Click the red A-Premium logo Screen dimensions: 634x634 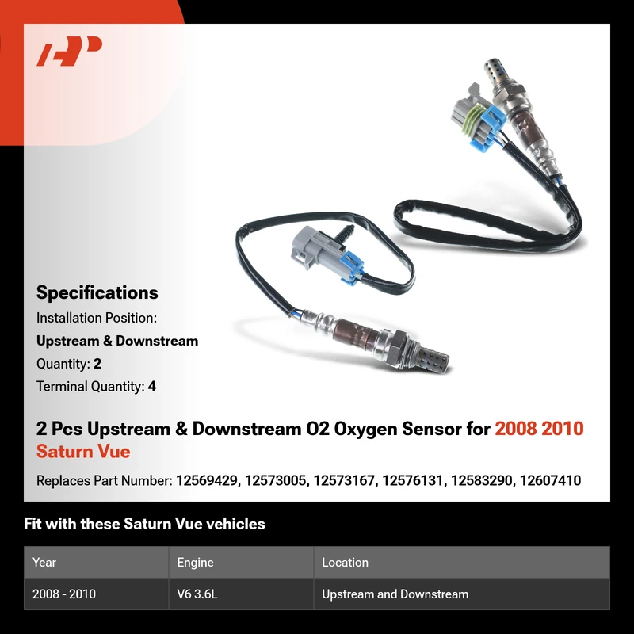[x=69, y=51]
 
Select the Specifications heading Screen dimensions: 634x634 [x=97, y=292]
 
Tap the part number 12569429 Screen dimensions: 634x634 [x=207, y=480]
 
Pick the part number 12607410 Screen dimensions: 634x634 [x=550, y=480]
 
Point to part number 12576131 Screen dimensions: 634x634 [x=413, y=480]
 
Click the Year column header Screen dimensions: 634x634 [x=44, y=562]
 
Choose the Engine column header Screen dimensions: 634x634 [x=195, y=563]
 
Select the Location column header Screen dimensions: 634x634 [x=345, y=562]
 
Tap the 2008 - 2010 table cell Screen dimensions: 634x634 [x=64, y=594]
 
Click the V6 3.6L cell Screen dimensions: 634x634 [x=197, y=594]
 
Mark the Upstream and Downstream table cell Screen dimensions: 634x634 [x=395, y=594]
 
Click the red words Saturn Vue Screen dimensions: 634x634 [x=83, y=451]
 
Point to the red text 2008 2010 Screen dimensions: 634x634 [x=540, y=429]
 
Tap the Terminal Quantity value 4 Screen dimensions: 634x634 [x=152, y=387]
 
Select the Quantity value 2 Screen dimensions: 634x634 [x=97, y=364]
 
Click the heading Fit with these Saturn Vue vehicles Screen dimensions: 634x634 [x=144, y=524]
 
